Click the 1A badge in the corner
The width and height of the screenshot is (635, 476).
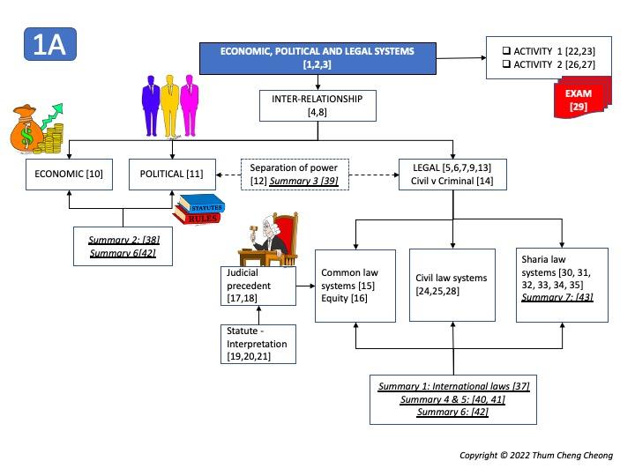pyautogui.click(x=50, y=45)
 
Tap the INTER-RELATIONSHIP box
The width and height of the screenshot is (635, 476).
pyautogui.click(x=317, y=106)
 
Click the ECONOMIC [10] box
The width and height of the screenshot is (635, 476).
pyautogui.click(x=70, y=174)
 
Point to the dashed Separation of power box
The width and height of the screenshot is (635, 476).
pyautogui.click(x=295, y=174)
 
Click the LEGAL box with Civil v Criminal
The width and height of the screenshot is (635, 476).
pyautogui.click(x=453, y=174)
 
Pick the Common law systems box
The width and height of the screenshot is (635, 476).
pyautogui.click(x=355, y=286)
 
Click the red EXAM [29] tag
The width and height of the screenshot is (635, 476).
pyautogui.click(x=579, y=100)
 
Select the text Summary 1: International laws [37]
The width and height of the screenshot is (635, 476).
pyautogui.click(x=453, y=387)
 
